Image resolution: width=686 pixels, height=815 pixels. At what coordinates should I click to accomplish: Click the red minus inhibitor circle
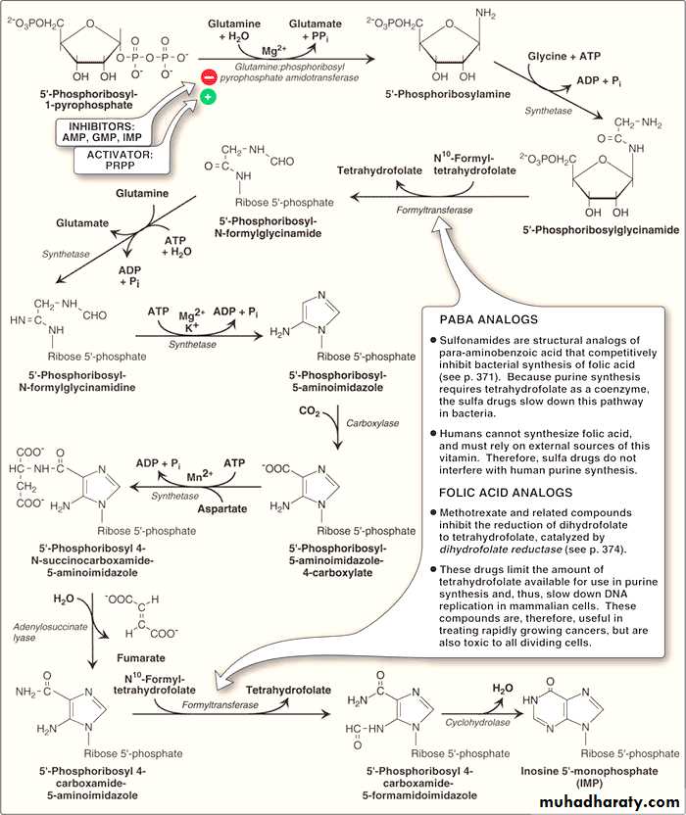point(209,76)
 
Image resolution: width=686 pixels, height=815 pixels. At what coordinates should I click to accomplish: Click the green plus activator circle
point(209,98)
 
